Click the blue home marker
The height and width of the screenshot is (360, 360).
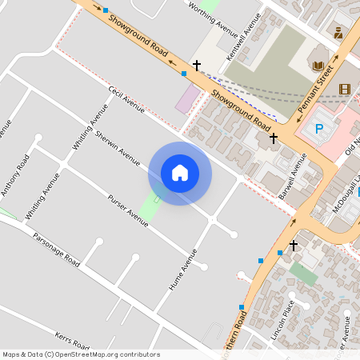pos(180,173)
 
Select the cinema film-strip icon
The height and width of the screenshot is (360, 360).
pos(344,89)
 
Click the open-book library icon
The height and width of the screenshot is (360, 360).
pos(318,66)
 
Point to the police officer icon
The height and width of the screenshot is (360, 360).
pos(338,33)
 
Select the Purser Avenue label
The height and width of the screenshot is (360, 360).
pos(128,210)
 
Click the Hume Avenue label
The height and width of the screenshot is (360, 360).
pos(183,268)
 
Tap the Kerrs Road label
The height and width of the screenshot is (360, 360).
pos(75,340)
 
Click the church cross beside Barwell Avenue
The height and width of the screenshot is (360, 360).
pos(274,138)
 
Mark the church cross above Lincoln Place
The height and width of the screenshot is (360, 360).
pos(294,244)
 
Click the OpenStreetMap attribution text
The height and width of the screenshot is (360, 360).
pos(81,354)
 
